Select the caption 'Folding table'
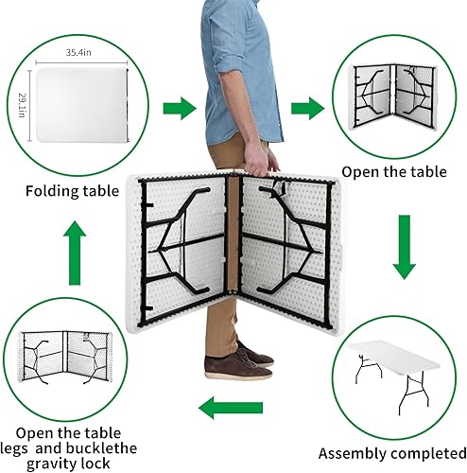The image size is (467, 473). pos(72,190)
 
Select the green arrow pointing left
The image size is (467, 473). pos(232,409)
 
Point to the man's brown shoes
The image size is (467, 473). pos(236,362)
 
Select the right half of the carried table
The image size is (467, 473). pos(284,241)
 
